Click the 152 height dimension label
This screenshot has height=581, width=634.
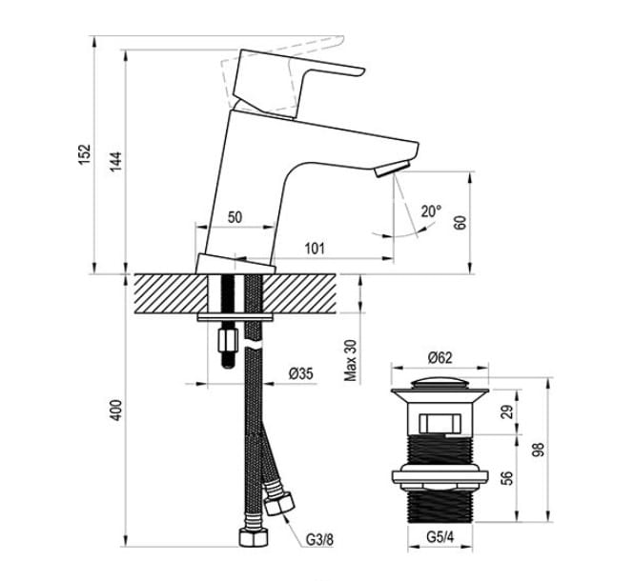(x=85, y=154)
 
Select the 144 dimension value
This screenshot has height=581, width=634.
(x=116, y=161)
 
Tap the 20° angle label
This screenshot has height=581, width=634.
(x=432, y=210)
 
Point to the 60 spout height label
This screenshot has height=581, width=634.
(x=460, y=223)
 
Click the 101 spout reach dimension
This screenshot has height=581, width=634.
(x=315, y=248)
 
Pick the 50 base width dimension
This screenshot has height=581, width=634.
(x=235, y=217)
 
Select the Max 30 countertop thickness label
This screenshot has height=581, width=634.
(x=351, y=360)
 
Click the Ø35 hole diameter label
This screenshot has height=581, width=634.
(x=301, y=373)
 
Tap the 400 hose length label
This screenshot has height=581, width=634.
(x=116, y=411)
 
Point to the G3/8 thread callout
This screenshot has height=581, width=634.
(x=319, y=539)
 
